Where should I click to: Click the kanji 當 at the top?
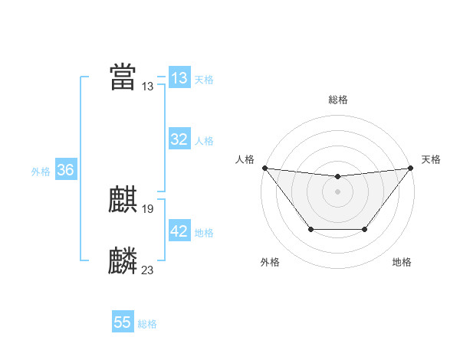click(x=123, y=77)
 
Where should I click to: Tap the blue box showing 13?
click(x=179, y=78)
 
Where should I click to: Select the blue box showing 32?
click(x=179, y=139)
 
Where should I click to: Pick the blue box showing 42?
click(x=179, y=231)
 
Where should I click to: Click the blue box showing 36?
click(x=65, y=170)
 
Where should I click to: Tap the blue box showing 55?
click(x=123, y=322)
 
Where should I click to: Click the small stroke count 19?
click(x=148, y=209)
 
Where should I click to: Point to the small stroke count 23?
click(x=148, y=270)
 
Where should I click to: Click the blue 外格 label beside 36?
click(x=41, y=172)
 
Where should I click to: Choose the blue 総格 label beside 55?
click(x=147, y=324)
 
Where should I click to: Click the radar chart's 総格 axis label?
click(x=337, y=100)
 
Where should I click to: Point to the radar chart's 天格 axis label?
click(x=432, y=159)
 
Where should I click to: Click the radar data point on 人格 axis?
click(x=264, y=168)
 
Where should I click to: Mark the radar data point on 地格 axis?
click(x=365, y=229)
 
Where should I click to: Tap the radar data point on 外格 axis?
click(x=310, y=229)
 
